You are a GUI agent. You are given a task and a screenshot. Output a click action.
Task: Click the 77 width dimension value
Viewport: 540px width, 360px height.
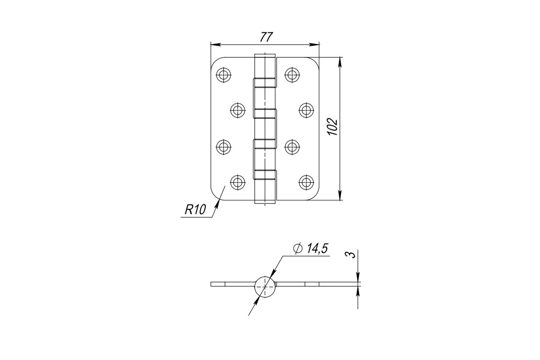click(x=266, y=37)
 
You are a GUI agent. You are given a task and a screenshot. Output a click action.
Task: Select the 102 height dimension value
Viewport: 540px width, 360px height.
click(x=333, y=126)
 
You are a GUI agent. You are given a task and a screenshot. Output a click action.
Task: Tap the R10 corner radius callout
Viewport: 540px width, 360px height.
click(x=195, y=210)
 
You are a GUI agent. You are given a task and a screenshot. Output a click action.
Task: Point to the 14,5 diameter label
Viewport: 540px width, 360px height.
click(x=317, y=248)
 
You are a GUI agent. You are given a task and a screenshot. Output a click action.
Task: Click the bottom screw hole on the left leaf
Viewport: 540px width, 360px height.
click(x=238, y=182)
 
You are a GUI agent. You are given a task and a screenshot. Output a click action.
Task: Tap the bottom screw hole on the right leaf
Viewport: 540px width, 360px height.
click(x=306, y=182)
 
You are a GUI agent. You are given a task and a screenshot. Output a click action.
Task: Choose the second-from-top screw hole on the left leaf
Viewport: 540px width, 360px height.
click(x=238, y=110)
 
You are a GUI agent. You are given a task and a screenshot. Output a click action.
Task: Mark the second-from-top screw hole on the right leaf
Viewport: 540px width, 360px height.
click(x=306, y=110)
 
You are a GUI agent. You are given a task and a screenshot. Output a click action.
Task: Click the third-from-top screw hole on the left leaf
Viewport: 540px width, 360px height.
click(x=224, y=147)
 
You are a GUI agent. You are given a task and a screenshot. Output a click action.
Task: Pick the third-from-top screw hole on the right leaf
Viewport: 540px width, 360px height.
click(x=292, y=147)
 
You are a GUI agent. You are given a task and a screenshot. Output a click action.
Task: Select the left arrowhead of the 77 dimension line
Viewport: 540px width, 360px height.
click(x=216, y=45)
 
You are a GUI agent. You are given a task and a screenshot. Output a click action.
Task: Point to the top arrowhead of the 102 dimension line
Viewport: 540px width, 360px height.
click(x=340, y=62)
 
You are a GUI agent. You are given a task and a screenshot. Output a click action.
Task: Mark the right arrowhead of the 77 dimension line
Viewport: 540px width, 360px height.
click(x=314, y=45)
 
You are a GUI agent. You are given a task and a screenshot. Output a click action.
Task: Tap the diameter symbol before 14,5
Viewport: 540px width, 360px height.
click(x=298, y=248)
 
